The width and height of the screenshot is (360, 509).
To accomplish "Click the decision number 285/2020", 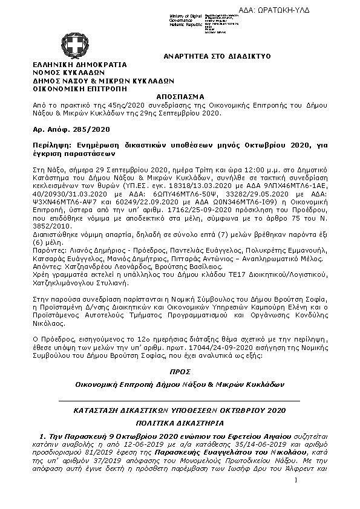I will click(x=88, y=129).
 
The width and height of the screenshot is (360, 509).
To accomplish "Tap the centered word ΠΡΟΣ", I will click(x=180, y=371).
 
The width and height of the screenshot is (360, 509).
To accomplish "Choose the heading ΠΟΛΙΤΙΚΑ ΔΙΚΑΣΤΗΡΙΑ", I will click(x=180, y=423).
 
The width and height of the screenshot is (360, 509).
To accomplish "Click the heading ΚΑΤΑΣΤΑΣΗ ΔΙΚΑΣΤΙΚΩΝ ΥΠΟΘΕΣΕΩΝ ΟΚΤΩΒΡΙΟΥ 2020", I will click(x=180, y=410).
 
